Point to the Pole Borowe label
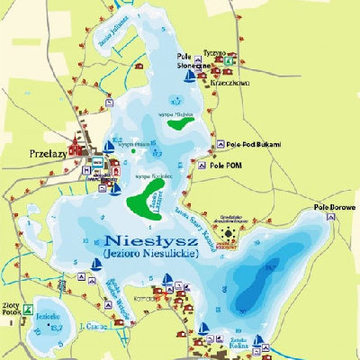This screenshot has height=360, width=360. (334, 207)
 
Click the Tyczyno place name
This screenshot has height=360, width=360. (216, 52)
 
